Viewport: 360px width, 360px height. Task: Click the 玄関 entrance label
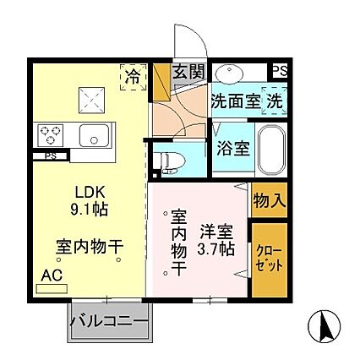[188, 73]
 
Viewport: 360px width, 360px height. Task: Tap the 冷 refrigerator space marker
[134, 75]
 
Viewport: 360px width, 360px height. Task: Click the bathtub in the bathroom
[271, 150]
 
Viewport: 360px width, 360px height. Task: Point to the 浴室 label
[232, 149]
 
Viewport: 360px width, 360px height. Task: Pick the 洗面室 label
[235, 101]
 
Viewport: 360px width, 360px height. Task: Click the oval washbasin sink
[230, 72]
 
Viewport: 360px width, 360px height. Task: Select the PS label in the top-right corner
[277, 71]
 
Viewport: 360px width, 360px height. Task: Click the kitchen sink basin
[91, 134]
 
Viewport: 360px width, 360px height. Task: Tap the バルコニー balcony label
[109, 321]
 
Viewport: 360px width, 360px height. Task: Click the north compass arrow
[324, 325]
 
